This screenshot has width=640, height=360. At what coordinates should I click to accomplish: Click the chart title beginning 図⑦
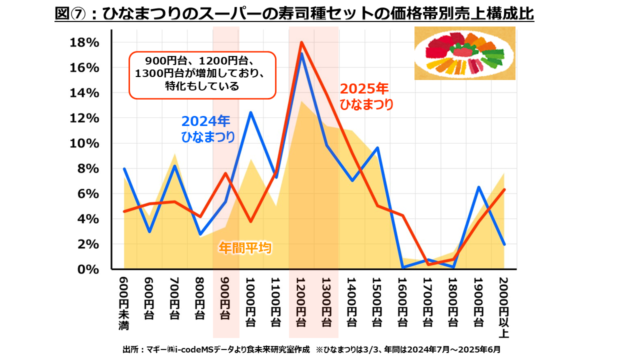(x=294, y=13)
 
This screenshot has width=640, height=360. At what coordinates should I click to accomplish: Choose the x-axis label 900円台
(x=225, y=298)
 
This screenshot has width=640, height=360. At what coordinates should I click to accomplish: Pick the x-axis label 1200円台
(x=301, y=301)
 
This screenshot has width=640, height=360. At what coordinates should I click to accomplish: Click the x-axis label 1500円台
(x=377, y=301)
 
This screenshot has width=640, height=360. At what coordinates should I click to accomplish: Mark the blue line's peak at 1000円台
(x=250, y=112)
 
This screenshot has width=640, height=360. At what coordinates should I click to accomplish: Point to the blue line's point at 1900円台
(x=478, y=187)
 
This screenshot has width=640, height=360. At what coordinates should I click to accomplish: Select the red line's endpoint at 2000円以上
(x=504, y=189)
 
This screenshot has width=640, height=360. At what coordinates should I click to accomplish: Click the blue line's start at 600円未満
(x=124, y=169)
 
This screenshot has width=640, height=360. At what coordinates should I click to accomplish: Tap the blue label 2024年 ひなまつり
(x=207, y=129)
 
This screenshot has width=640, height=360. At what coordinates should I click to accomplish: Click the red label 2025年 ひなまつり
(x=366, y=96)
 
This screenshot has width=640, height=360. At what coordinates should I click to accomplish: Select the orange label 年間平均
(x=245, y=247)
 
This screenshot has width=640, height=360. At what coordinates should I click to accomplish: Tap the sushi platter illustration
(x=464, y=53)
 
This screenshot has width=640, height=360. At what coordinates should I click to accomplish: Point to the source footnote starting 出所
(x=311, y=349)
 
